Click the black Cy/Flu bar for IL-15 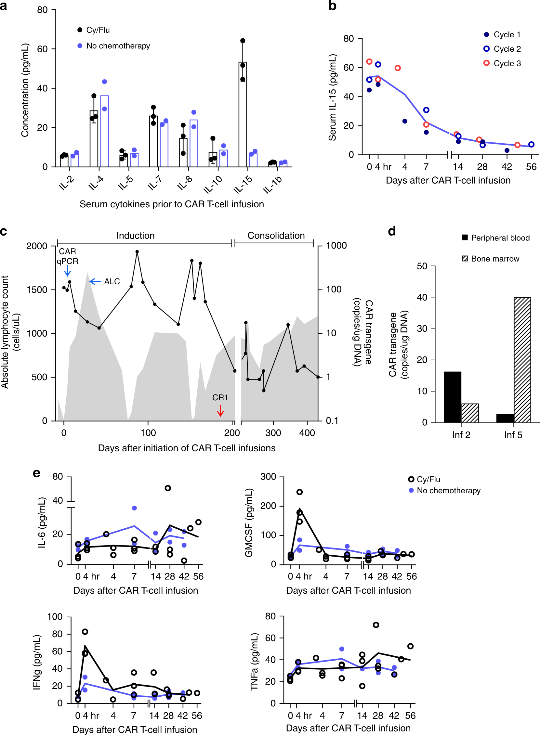[x=243, y=114]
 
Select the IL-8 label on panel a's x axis [x=185, y=183]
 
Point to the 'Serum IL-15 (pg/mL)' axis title [x=333, y=98]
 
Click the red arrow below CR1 [x=220, y=411]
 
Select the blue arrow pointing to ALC [x=95, y=282]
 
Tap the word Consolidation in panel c [x=276, y=236]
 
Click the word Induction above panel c [x=135, y=236]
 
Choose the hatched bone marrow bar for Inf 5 [x=522, y=360]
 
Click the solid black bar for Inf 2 [x=453, y=397]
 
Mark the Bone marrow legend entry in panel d [x=494, y=259]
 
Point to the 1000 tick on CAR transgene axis [x=336, y=246]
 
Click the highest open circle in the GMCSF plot [x=299, y=492]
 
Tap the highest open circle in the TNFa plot [x=376, y=625]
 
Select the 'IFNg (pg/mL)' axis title [x=37, y=663]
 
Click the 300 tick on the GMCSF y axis [x=268, y=477]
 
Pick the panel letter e [x=37, y=473]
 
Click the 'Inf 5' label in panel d [x=513, y=435]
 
